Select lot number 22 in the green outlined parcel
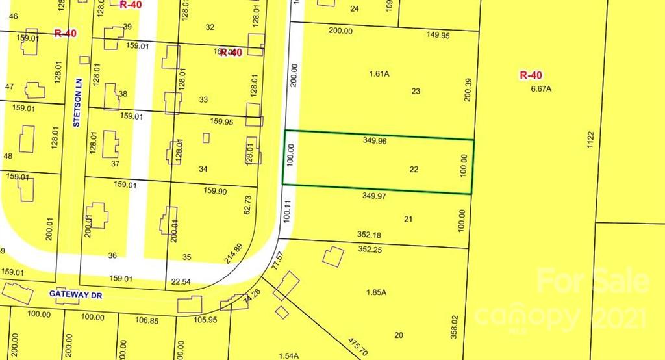pos(414,169)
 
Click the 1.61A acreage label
pos(379,74)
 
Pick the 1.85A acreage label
pos(377,292)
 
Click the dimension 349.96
pos(375,140)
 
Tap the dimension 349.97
pos(375,195)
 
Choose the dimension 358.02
pos(455,327)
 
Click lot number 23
pos(416,91)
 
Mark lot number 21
pos(408,219)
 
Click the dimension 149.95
pos(436,36)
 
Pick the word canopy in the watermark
pos(526,318)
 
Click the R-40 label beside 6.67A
pos(531,75)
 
